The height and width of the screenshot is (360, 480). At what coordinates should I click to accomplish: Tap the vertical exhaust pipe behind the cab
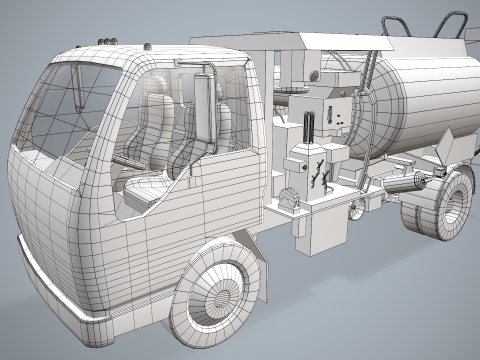207,110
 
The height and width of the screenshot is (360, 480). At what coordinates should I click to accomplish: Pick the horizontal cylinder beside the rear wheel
404,184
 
